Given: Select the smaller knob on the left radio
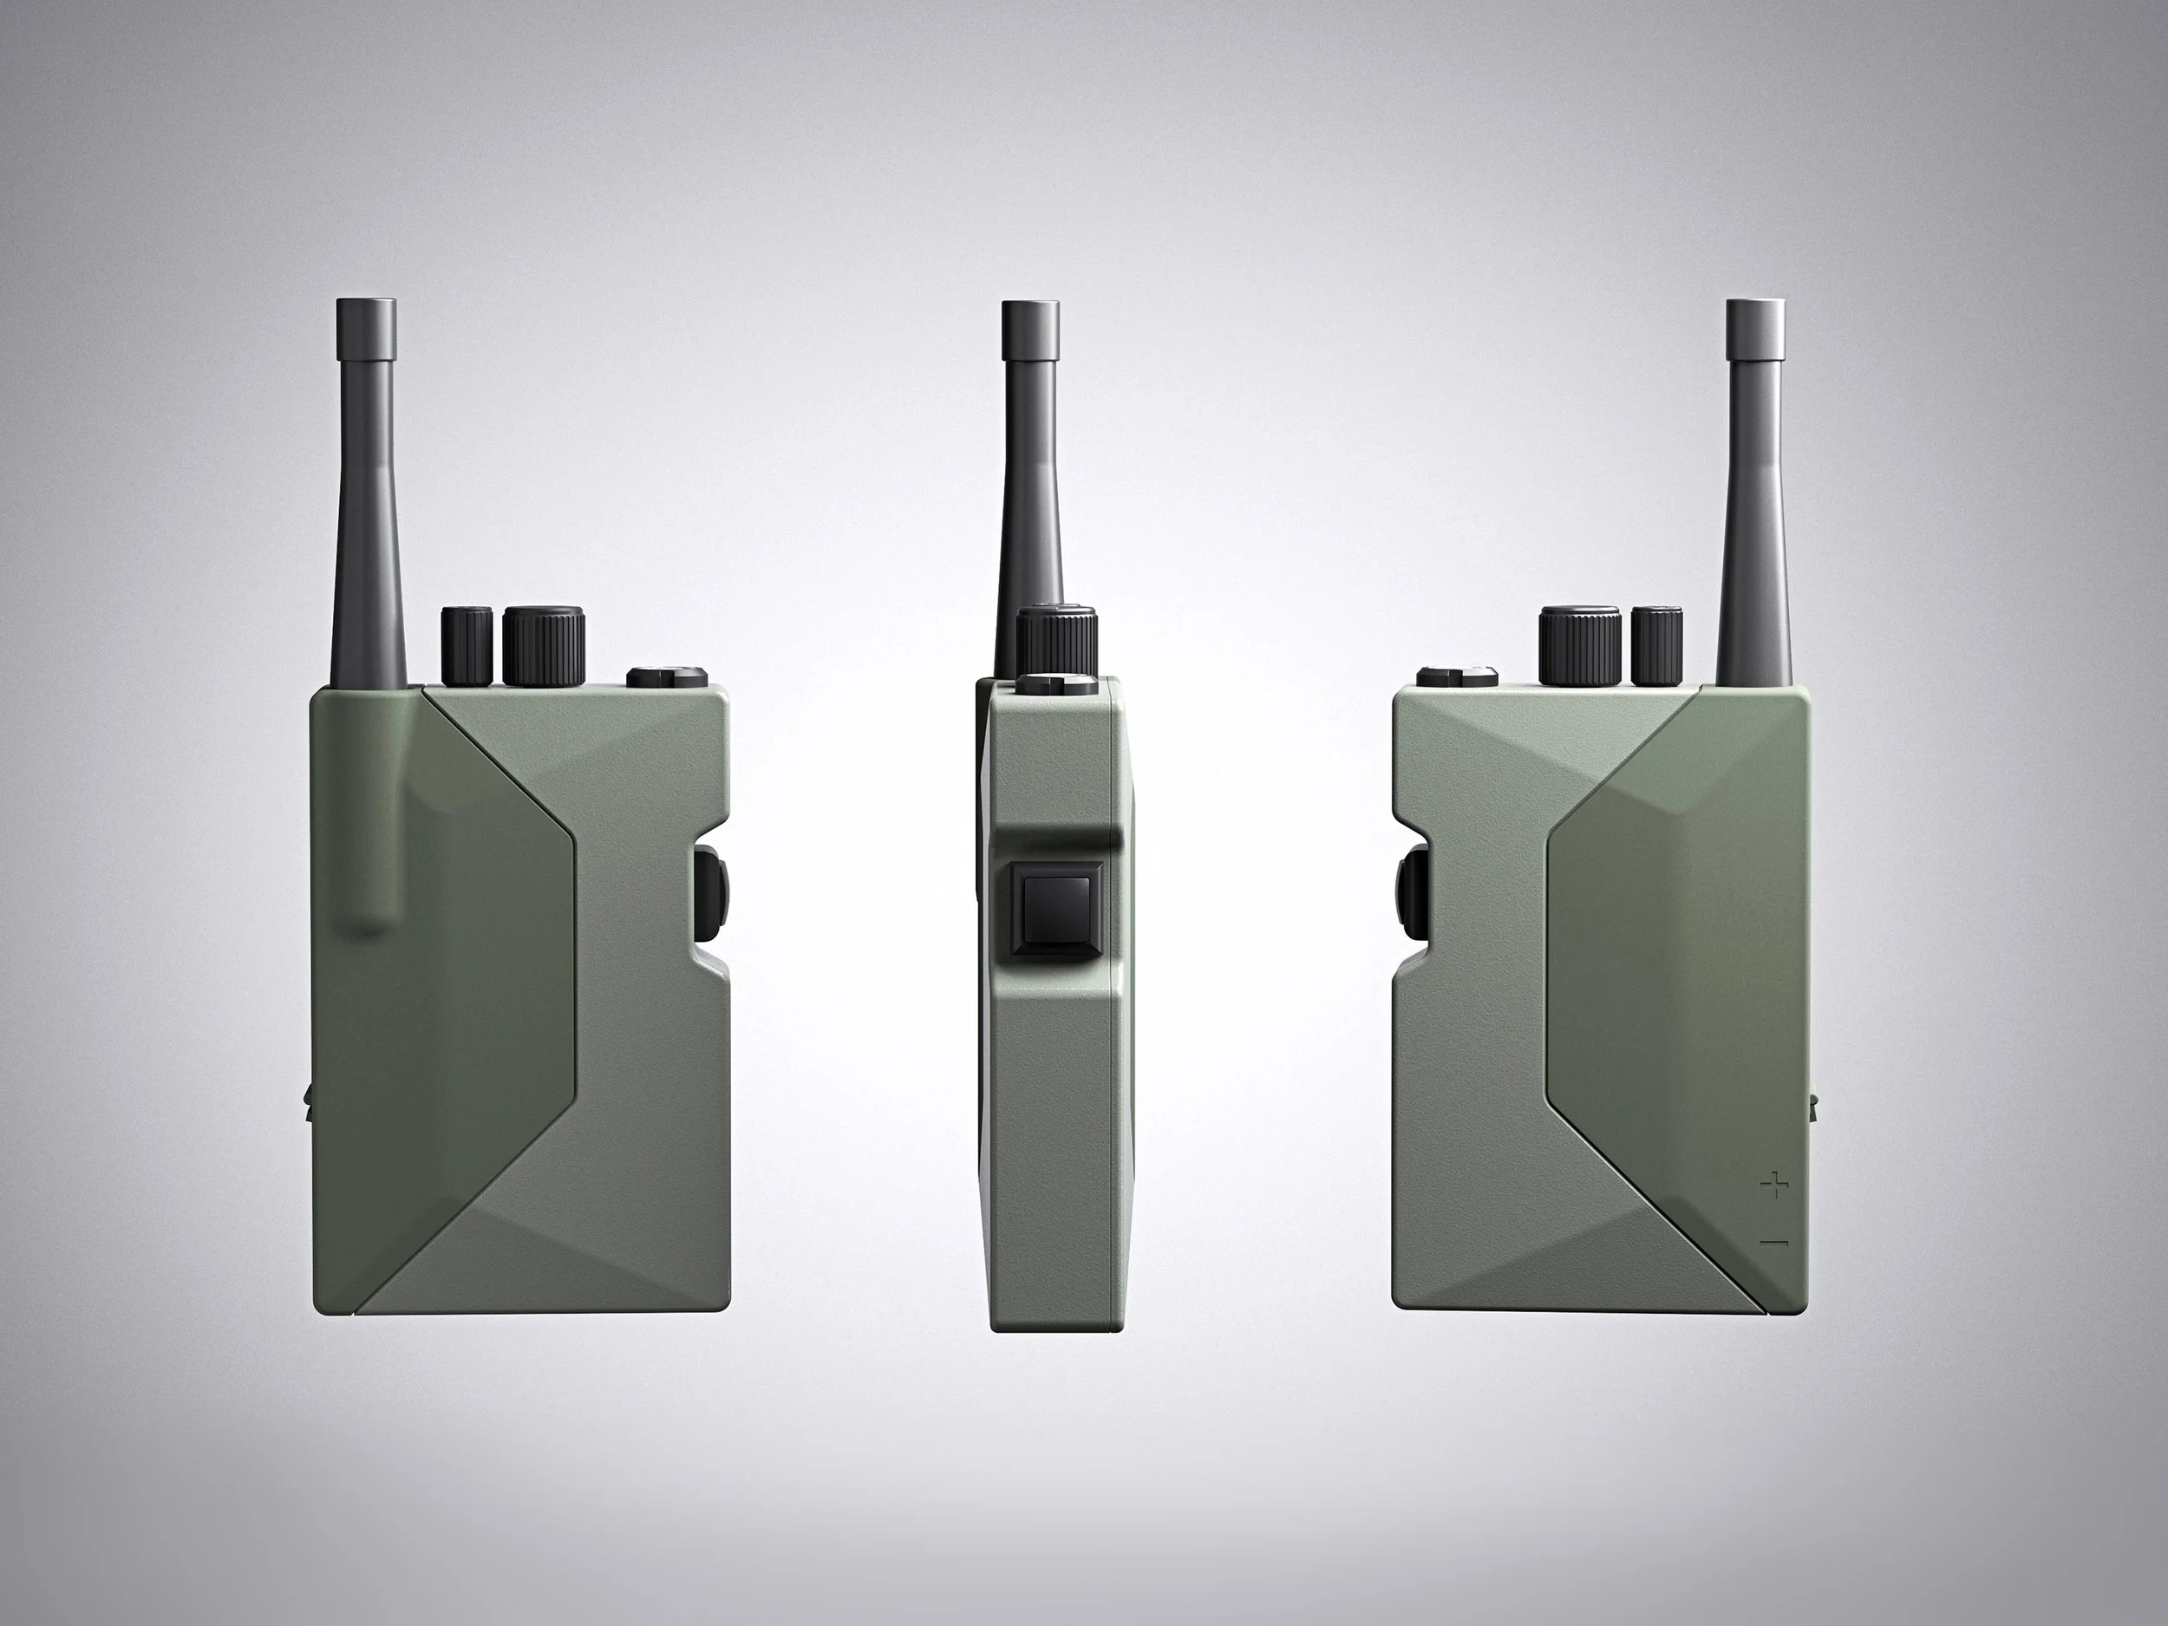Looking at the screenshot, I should [467, 647].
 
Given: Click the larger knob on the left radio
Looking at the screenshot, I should [544, 647].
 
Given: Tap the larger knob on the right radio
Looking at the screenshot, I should [1579, 647].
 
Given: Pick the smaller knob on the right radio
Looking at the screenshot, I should [1657, 647].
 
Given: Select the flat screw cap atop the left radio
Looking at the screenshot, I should [667, 676].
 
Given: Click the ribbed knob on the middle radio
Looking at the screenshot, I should [1055, 638].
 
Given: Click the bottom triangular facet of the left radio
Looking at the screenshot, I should [549, 1264].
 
